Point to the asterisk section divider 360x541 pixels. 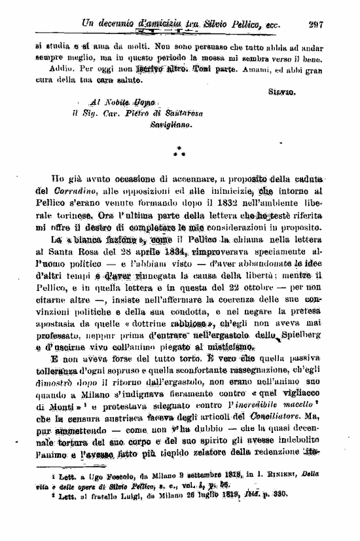(179, 152)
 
